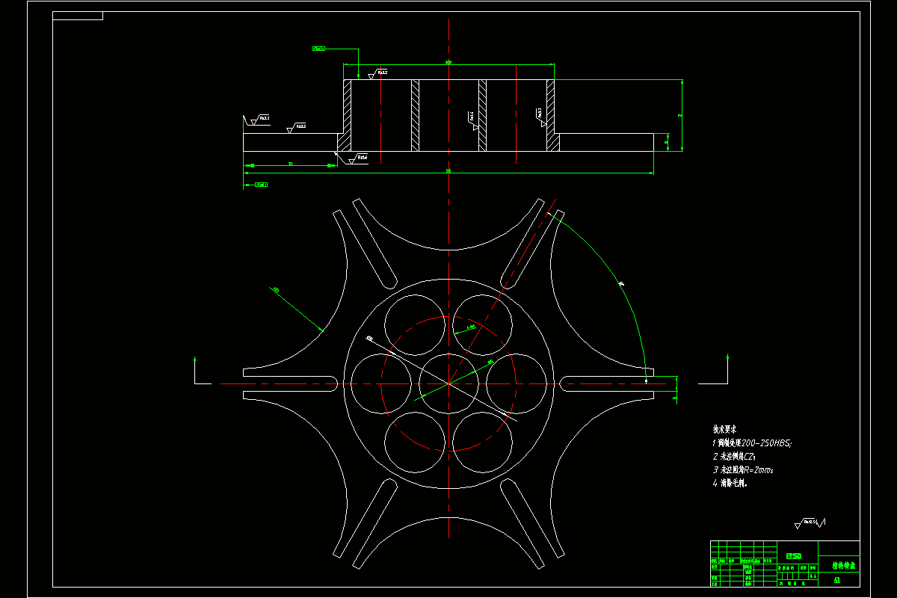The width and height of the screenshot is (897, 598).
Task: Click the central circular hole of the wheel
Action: [449, 383]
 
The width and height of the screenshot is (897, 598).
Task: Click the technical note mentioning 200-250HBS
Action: [752, 443]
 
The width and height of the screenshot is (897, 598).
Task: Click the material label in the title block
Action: [794, 556]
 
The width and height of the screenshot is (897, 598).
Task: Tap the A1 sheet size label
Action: [837, 580]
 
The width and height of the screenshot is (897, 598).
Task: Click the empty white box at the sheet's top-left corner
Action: [78, 16]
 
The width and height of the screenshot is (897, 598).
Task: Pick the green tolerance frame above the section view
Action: [319, 49]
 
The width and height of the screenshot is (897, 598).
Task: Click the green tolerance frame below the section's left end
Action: [261, 184]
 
